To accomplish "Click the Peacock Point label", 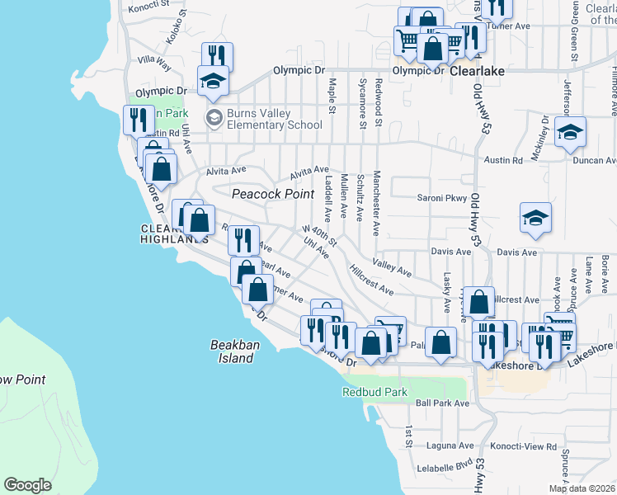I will pyautogui.click(x=272, y=194).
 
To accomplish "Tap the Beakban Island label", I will pyautogui.click(x=230, y=352).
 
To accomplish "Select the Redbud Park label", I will pyautogui.click(x=374, y=393).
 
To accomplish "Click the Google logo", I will pyautogui.click(x=27, y=484).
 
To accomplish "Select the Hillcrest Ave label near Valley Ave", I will pyautogui.click(x=370, y=279).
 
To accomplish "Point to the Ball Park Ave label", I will pyautogui.click(x=442, y=403).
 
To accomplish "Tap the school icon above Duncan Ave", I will pyautogui.click(x=570, y=131).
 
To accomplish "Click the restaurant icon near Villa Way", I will pyautogui.click(x=216, y=56).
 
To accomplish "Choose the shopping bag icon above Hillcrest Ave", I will pyautogui.click(x=479, y=301).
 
